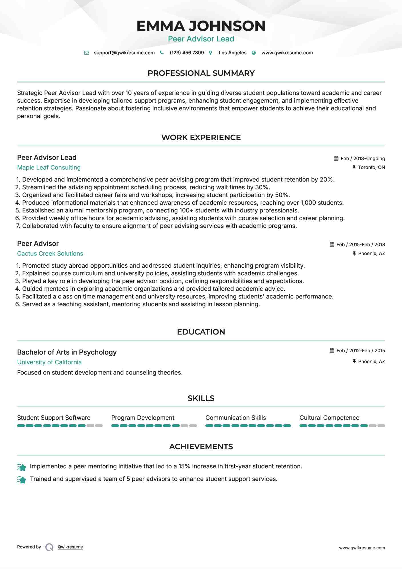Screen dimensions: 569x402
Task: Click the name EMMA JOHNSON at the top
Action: (201, 26)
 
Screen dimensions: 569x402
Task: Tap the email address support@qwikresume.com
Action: (124, 53)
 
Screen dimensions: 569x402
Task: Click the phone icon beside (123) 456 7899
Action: (162, 53)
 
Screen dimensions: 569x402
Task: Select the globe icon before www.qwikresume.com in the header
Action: (254, 53)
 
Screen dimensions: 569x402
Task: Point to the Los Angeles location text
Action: (232, 53)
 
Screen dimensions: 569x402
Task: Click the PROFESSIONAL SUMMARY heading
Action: (201, 73)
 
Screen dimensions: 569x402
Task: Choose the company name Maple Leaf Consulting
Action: (49, 168)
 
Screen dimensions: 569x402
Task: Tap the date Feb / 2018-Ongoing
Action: (363, 159)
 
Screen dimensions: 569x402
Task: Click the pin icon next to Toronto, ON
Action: (354, 167)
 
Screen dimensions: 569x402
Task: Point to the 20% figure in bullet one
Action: (326, 180)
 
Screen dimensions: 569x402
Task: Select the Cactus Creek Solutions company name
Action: (50, 254)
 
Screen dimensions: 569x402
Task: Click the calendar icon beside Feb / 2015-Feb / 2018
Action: (332, 244)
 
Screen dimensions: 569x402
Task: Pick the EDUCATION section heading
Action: (201, 332)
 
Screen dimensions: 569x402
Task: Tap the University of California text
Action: (49, 362)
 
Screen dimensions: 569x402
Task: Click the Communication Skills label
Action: (235, 418)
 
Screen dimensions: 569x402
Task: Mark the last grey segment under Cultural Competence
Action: (381, 426)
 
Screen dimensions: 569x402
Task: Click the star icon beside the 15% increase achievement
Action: (22, 467)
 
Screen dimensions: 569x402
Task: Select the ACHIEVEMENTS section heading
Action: (201, 447)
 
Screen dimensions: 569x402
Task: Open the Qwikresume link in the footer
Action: (70, 547)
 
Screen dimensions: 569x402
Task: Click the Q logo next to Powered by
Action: (49, 547)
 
